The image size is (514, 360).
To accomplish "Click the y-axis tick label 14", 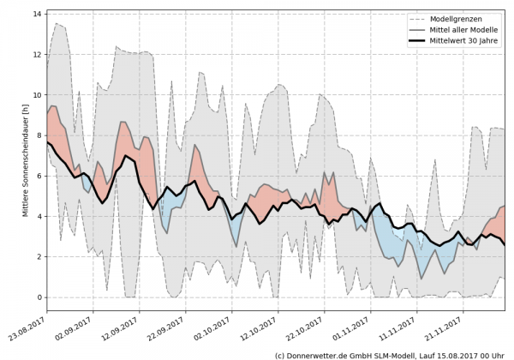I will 38,14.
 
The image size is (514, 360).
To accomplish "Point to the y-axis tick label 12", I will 38,54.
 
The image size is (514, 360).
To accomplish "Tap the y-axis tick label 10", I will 38,94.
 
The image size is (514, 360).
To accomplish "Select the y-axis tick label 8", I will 39,135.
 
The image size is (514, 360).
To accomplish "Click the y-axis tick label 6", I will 39,176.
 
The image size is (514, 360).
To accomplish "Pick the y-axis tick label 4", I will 39,216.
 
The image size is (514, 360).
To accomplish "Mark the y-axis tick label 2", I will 39,256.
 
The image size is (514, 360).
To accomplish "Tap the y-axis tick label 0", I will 39,297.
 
